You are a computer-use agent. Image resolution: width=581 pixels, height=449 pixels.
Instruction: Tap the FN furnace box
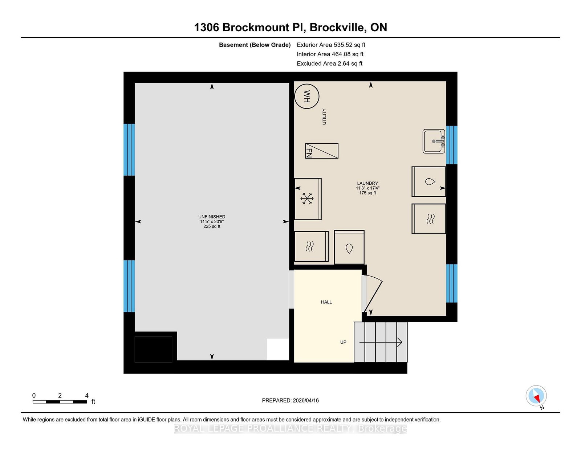322,151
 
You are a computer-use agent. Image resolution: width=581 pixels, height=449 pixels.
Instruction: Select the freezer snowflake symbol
307,199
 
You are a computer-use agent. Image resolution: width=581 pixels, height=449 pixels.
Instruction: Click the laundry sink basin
434,142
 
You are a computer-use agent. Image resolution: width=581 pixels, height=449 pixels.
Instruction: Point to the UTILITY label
324,117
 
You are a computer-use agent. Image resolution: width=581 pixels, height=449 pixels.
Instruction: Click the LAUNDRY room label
367,183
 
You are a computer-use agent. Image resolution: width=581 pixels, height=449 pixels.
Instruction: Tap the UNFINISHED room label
212,217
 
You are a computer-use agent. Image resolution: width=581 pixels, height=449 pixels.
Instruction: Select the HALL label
326,302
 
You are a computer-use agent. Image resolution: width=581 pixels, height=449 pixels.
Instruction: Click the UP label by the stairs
343,342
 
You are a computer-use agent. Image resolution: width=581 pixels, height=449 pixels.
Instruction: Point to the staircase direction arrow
381,342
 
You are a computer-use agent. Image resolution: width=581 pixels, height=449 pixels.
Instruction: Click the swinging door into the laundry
372,294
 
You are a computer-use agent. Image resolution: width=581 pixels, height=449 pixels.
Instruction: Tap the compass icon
536,396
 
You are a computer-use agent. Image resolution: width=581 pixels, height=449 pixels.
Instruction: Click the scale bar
60,402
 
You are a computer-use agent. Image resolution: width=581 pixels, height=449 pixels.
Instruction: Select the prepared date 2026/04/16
306,400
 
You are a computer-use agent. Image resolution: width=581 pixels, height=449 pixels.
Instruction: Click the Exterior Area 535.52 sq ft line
331,45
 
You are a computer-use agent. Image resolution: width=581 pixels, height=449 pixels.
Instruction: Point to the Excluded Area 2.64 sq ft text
330,64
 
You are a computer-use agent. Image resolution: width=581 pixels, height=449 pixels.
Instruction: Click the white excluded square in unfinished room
278,349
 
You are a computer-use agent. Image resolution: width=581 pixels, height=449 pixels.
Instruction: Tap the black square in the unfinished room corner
153,349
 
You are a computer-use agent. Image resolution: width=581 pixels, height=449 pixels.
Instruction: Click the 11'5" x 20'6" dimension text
212,221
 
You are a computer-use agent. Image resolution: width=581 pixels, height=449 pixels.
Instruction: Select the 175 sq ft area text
367,193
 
